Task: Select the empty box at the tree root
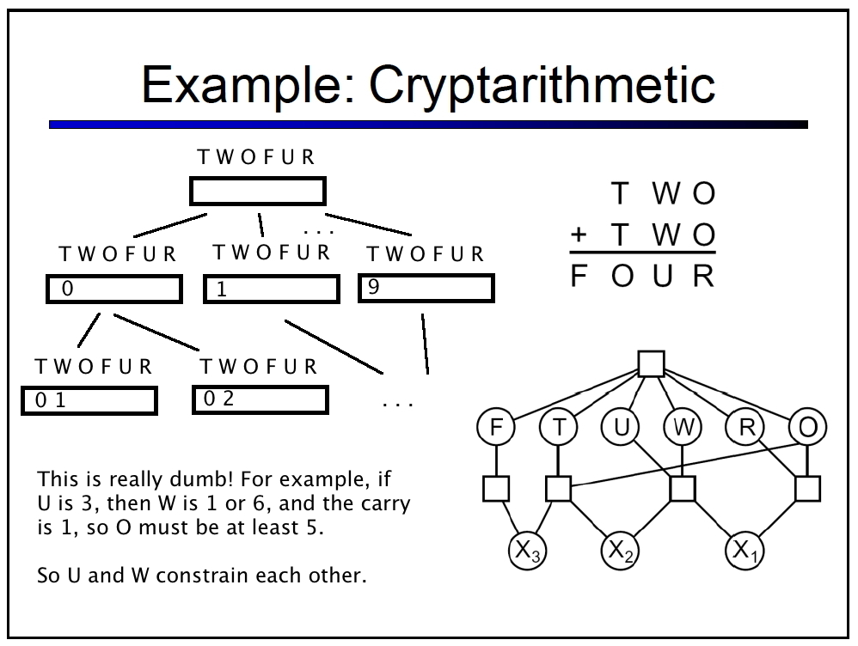point(258,191)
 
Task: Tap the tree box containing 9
point(426,289)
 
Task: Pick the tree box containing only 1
point(272,289)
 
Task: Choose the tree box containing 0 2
point(260,399)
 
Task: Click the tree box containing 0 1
point(89,401)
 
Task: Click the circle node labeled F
point(496,427)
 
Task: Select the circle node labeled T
point(558,427)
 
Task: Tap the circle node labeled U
point(621,427)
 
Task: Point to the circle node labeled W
point(683,427)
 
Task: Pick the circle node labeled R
point(745,427)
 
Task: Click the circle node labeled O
point(807,427)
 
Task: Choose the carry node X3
point(528,551)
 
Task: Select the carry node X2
point(621,550)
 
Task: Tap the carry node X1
point(745,550)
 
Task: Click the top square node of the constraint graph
point(651,363)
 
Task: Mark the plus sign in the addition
point(579,235)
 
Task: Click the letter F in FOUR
point(579,275)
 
